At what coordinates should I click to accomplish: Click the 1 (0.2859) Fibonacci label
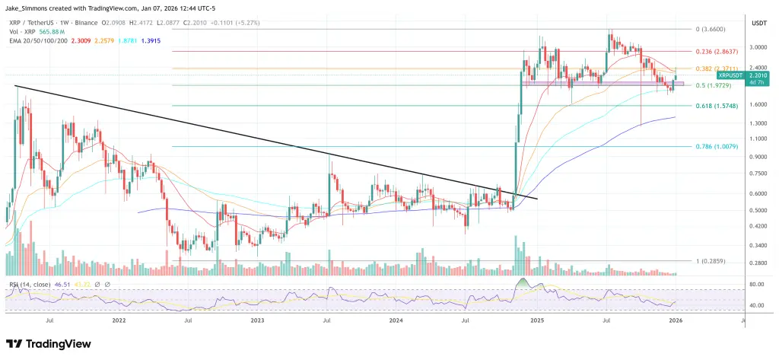tap(714, 261)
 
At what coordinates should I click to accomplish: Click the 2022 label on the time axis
tap(119, 322)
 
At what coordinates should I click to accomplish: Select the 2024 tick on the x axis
tap(396, 322)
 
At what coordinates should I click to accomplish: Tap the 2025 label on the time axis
tap(536, 322)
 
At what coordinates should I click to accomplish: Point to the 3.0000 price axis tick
tap(758, 47)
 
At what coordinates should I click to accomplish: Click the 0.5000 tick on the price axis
tap(758, 211)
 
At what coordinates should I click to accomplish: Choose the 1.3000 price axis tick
tap(758, 123)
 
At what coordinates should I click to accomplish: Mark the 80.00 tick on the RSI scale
tap(755, 284)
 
